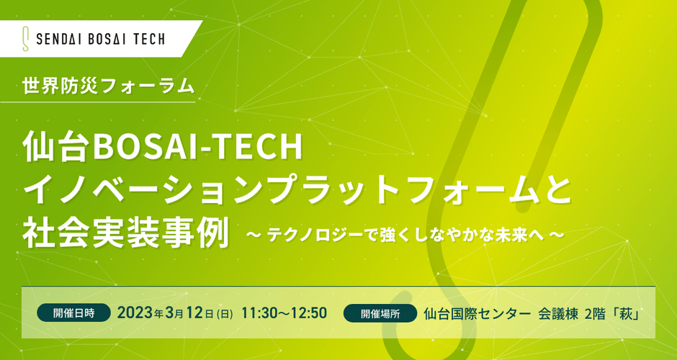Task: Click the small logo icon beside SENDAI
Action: [25, 39]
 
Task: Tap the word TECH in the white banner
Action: [148, 40]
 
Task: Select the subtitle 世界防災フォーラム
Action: [108, 86]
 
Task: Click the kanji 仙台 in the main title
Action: [58, 148]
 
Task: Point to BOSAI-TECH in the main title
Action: [198, 148]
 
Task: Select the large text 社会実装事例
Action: [125, 233]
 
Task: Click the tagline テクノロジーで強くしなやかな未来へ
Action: [405, 235]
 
